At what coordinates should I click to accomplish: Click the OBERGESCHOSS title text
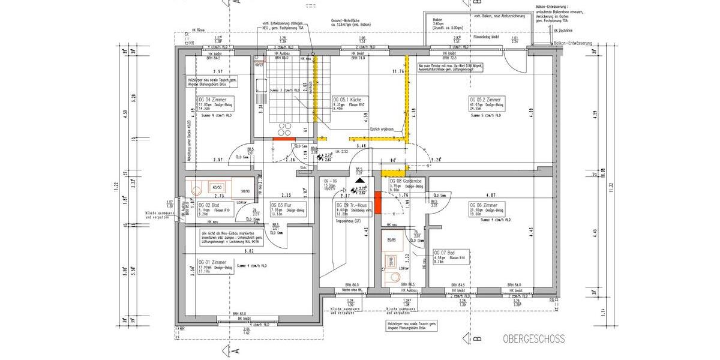[x=534, y=339]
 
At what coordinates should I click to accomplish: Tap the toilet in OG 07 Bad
[x=393, y=277]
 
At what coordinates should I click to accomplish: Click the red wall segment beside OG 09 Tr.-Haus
[x=377, y=200]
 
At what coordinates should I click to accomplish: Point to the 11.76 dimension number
[x=398, y=71]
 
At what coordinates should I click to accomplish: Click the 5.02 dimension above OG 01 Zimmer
[x=250, y=251]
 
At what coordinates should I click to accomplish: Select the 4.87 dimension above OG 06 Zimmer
[x=490, y=195]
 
